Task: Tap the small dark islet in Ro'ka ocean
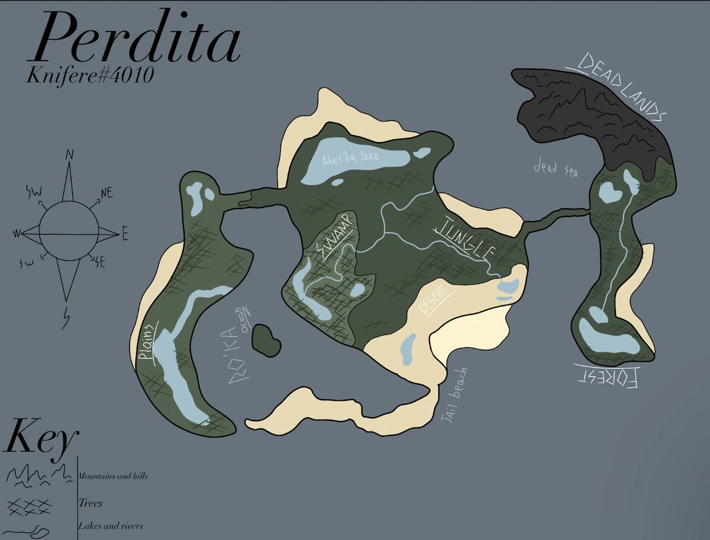click(x=266, y=340)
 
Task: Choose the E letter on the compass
click(x=125, y=236)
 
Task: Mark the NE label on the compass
click(x=106, y=193)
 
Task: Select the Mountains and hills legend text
click(x=113, y=476)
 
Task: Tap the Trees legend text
click(x=91, y=503)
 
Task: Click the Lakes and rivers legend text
click(x=111, y=526)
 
